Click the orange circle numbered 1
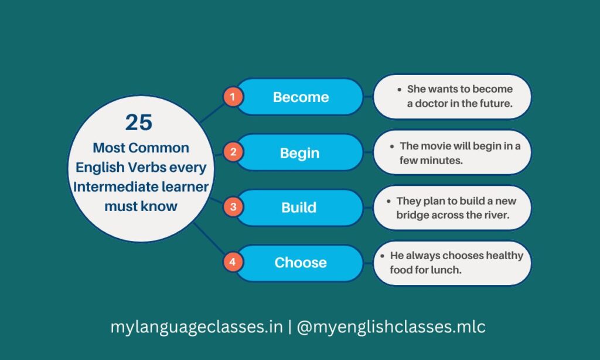pyautogui.click(x=233, y=97)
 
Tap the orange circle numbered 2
pyautogui.click(x=233, y=153)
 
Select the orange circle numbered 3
pyautogui.click(x=233, y=208)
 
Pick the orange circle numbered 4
pyautogui.click(x=233, y=262)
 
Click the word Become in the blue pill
pyautogui.click(x=301, y=97)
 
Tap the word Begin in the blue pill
pyautogui.click(x=299, y=153)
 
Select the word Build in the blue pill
pyautogui.click(x=299, y=208)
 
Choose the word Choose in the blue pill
pyautogui.click(x=301, y=263)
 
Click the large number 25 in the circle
pyautogui.click(x=139, y=123)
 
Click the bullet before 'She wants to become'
pyautogui.click(x=400, y=90)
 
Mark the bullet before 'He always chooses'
pyautogui.click(x=383, y=256)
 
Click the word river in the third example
pyautogui.click(x=496, y=215)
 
